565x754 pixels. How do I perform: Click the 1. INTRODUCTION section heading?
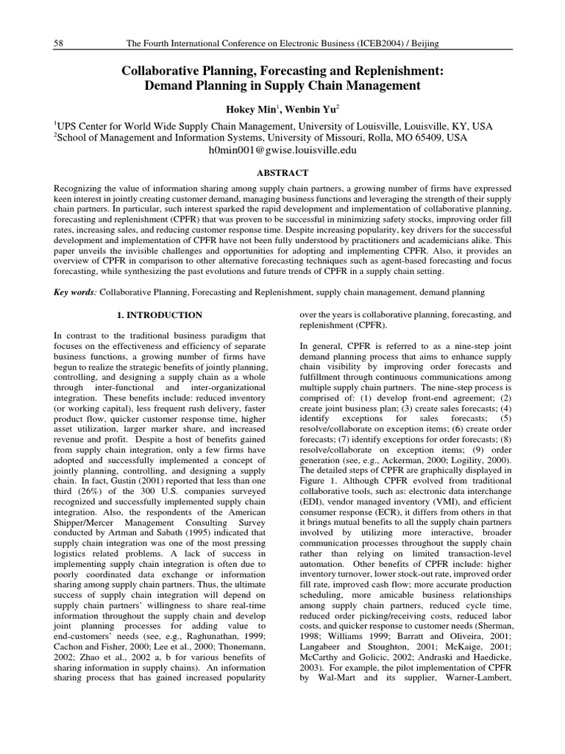tap(160, 315)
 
